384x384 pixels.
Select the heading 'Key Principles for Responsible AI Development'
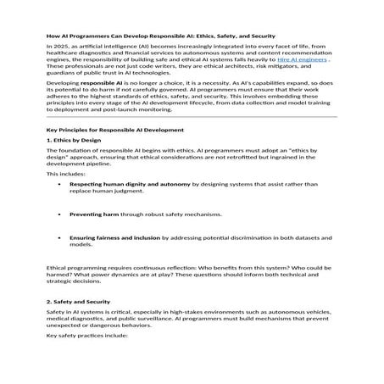click(x=114, y=131)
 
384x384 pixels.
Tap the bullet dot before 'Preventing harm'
click(x=58, y=214)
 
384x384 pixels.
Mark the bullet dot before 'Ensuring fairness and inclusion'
click(x=58, y=238)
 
